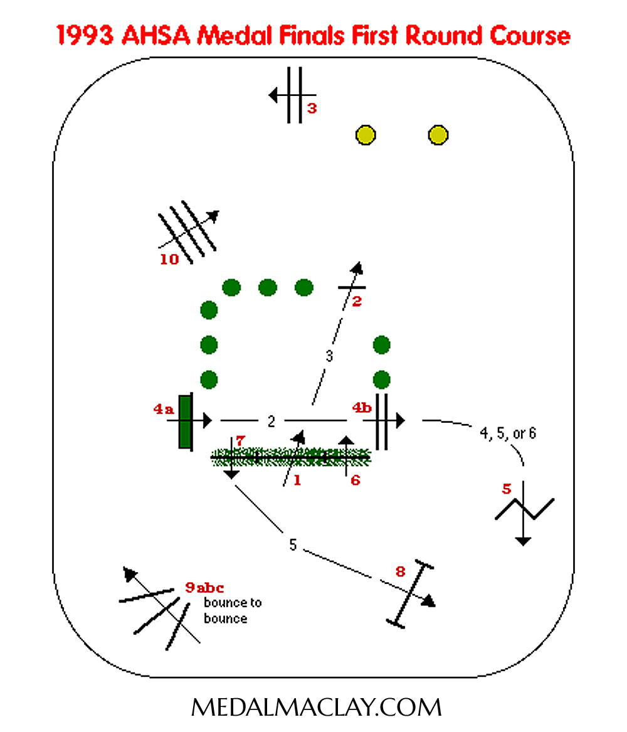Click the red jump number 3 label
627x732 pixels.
tap(312, 109)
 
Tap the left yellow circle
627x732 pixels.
tap(366, 135)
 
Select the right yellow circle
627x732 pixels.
tap(438, 135)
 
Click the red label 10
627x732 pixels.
tap(169, 260)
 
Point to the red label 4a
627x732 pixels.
tap(164, 410)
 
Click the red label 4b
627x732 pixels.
tap(362, 408)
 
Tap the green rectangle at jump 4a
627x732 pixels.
tap(185, 422)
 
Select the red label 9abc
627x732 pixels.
tap(204, 587)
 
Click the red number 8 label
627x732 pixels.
tap(400, 571)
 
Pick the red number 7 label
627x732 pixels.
tap(240, 440)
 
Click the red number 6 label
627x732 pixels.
tap(356, 480)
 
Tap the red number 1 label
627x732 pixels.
tap(297, 480)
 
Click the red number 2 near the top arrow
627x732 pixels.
tap(357, 302)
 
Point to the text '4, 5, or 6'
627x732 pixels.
tap(508, 433)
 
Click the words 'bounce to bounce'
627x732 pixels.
tap(233, 610)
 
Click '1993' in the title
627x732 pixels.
tap(85, 36)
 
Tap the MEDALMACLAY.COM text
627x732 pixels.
tap(316, 708)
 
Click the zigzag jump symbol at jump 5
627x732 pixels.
tap(524, 509)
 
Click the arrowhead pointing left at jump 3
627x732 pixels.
tap(273, 96)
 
